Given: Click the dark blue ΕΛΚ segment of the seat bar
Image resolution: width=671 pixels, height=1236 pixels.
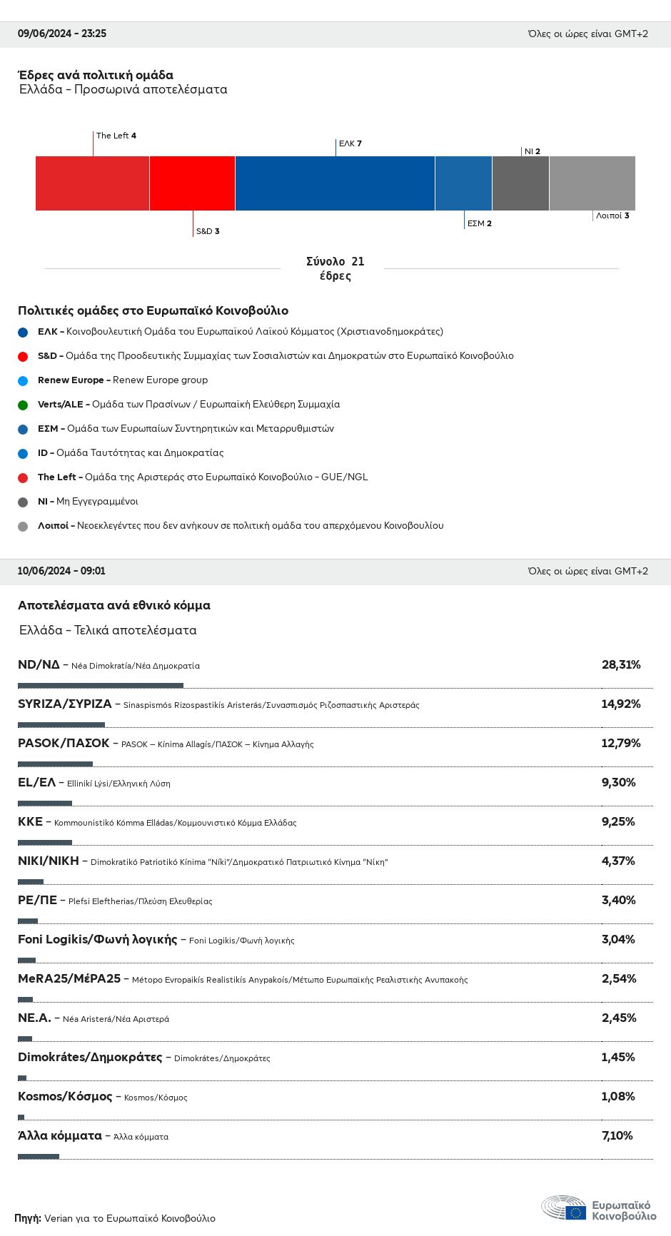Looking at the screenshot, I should tap(335, 183).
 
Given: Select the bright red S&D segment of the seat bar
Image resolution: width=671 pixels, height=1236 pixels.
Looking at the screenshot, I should tap(192, 183).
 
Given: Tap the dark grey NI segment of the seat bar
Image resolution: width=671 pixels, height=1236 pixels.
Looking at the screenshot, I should tap(520, 183).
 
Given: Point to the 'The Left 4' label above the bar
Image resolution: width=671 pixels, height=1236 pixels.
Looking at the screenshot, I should tap(116, 136).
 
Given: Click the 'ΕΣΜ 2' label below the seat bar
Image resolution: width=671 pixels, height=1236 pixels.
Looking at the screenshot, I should tap(479, 223).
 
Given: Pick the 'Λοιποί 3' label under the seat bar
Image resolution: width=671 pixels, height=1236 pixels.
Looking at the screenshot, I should tap(612, 216).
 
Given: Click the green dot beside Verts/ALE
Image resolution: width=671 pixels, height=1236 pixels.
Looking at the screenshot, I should tap(23, 405).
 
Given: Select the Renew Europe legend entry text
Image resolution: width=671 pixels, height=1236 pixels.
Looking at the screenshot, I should tap(123, 380).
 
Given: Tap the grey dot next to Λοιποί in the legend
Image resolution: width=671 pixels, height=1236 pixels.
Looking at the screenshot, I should tap(23, 527).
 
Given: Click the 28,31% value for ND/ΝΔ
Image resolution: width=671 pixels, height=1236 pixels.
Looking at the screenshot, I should tap(621, 665).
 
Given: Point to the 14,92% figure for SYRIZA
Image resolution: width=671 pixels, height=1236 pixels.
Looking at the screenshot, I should tap(621, 704).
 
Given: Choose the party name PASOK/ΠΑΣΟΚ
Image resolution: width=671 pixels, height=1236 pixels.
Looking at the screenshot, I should tap(64, 744).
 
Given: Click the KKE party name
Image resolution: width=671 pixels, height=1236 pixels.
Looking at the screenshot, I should tap(30, 822).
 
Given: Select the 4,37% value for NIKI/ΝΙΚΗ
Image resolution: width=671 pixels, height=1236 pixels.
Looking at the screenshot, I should tap(618, 861).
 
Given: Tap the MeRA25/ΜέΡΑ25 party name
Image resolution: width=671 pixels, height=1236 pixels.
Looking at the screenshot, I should tap(69, 979).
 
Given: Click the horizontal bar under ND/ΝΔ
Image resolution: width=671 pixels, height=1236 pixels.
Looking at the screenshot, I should tap(101, 686).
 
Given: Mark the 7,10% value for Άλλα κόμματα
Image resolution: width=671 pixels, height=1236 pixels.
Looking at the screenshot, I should tap(617, 1136).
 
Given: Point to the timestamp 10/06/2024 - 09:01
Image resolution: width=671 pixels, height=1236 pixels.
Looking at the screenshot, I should tap(61, 571).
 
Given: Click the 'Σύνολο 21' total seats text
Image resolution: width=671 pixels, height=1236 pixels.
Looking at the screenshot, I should tap(335, 262).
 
